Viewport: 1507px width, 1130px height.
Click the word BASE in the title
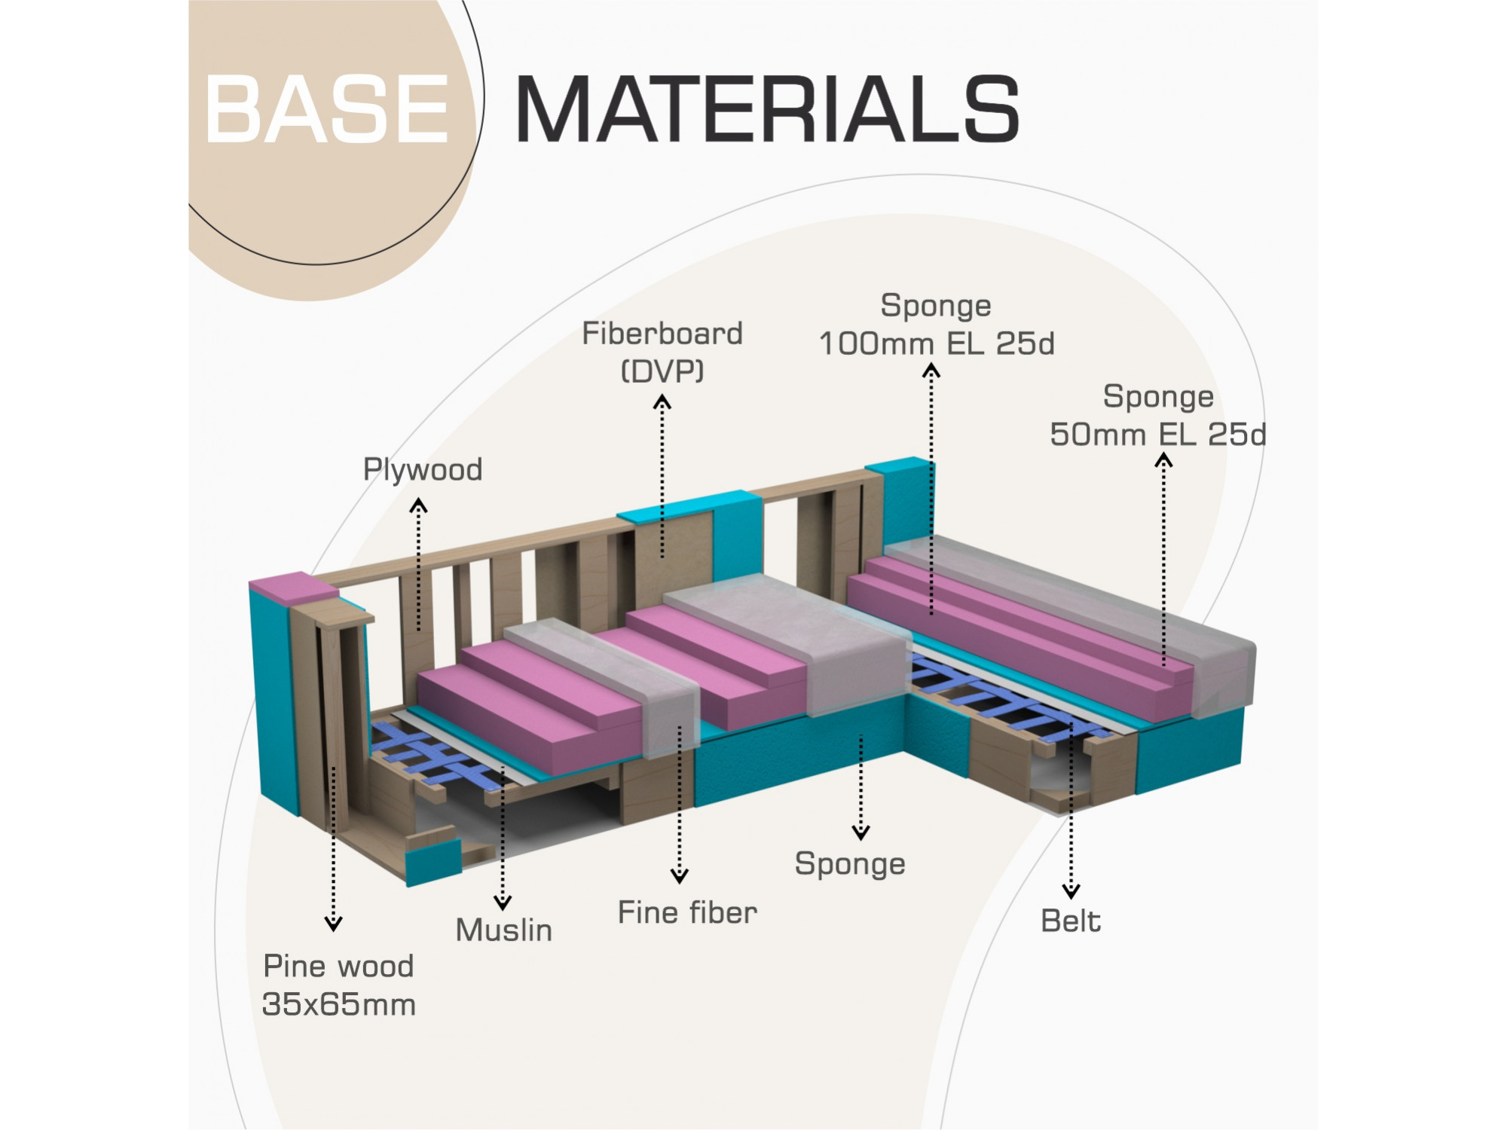click(327, 110)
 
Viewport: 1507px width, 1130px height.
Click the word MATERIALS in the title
click(767, 110)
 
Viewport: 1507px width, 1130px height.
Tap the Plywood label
click(423, 470)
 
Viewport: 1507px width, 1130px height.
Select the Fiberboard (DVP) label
click(662, 352)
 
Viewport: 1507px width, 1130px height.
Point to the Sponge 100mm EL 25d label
click(936, 325)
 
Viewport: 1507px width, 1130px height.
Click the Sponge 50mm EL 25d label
click(1158, 416)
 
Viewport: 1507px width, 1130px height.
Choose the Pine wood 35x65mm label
click(338, 985)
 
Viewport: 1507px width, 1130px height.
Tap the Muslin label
click(504, 930)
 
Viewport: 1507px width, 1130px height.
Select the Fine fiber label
click(687, 913)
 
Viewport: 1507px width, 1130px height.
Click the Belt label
click(1071, 921)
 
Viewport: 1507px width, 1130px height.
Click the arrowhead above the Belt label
click(1071, 892)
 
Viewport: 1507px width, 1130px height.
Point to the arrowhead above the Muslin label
click(503, 902)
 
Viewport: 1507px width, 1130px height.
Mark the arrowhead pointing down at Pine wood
click(333, 924)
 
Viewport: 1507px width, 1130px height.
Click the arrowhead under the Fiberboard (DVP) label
click(662, 402)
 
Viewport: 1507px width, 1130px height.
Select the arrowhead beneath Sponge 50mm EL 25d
click(1163, 459)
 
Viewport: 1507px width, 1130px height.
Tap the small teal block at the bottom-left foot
click(433, 860)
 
